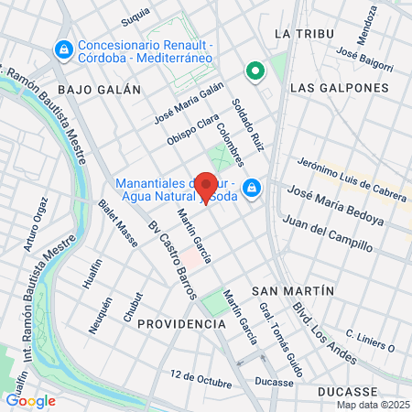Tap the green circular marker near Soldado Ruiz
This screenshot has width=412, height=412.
click(254, 69)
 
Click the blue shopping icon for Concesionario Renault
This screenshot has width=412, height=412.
click(63, 49)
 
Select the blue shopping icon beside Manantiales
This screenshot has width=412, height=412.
click(253, 190)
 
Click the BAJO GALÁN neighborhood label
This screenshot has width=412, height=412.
click(99, 90)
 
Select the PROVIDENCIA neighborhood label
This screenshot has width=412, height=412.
click(181, 324)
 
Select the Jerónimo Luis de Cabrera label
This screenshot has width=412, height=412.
click(352, 174)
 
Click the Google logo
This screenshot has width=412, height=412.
click(30, 400)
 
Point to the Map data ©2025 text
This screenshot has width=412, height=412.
click(371, 405)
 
